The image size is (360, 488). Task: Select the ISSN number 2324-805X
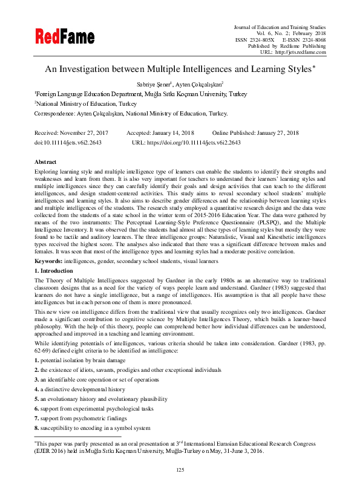261,39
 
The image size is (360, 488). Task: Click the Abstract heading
45,162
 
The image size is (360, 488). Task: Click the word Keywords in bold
48,261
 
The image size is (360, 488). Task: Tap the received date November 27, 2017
88,132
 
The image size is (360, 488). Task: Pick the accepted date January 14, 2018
171,132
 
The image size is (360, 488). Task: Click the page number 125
180,470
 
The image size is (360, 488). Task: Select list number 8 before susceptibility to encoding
37,428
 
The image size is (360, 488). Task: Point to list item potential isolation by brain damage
84,360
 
